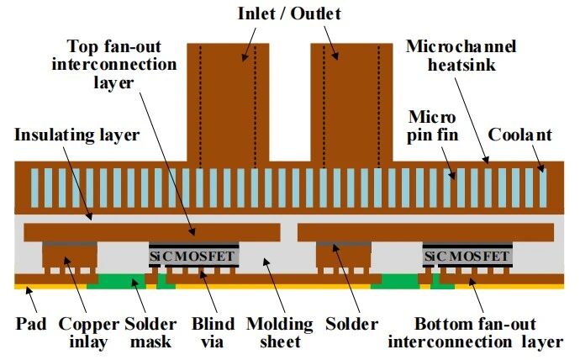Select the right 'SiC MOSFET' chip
tap(467, 255)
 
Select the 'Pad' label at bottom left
tap(31, 323)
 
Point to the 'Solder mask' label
tap(150, 332)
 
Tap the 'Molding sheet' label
tap(280, 332)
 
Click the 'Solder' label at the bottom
tap(352, 323)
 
